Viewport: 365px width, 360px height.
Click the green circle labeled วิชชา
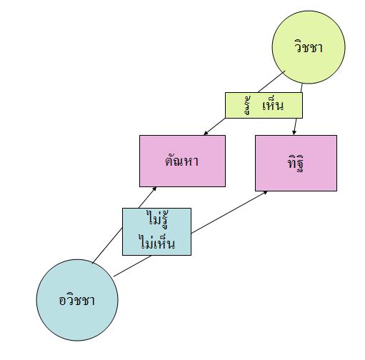[x=309, y=47]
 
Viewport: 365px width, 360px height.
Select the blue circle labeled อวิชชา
[x=77, y=300]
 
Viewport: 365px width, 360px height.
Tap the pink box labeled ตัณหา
[x=182, y=161]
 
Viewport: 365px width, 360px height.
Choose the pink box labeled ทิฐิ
[x=296, y=163]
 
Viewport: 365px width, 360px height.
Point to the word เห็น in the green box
[x=273, y=105]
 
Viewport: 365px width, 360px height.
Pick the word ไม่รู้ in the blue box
[x=159, y=219]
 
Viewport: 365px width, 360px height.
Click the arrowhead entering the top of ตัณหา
[x=206, y=133]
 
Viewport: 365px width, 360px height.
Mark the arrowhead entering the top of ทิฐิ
[x=294, y=133]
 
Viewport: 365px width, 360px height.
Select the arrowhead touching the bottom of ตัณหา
[x=154, y=189]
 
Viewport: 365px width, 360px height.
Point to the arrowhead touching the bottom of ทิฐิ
[x=265, y=193]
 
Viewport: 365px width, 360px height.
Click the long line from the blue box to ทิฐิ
[x=229, y=212]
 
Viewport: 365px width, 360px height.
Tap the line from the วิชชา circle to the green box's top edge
[x=271, y=81]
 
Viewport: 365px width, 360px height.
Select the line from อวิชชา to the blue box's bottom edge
[x=132, y=266]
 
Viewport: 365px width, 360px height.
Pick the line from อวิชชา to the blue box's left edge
[x=107, y=246]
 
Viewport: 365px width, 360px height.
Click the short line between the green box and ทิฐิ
[x=295, y=126]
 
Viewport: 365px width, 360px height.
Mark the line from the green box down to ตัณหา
[x=214, y=126]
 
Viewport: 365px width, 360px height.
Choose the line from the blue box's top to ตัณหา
[x=148, y=198]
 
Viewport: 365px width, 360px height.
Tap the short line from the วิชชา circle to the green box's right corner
[x=301, y=88]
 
